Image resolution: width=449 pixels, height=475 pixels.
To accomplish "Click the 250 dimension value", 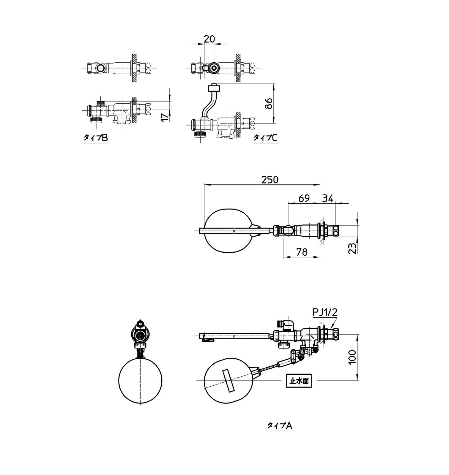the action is coord(270,180).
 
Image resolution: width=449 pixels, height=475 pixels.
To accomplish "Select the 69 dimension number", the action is coord(304,198).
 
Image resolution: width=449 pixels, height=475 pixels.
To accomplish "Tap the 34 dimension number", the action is coord(328,198).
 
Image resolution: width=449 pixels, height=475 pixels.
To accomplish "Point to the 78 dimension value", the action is coord(302,252).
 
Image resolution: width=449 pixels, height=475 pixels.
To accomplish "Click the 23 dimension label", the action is coord(352,248).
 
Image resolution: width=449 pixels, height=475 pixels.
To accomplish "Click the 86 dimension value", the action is coord(269,103).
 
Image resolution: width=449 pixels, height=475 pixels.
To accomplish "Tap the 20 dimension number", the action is coord(209,39).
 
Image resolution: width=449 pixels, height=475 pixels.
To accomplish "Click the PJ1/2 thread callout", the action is coord(325,312).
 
